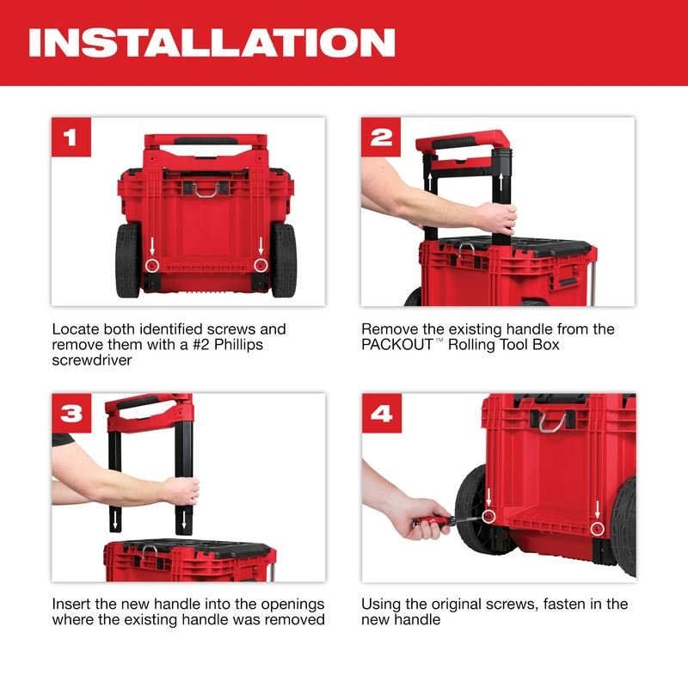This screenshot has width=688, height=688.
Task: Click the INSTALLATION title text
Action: point(212,42)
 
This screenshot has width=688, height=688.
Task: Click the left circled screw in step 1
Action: point(151,265)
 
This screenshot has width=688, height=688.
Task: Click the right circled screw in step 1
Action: point(260,265)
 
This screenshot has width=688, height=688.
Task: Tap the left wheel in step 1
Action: point(127,261)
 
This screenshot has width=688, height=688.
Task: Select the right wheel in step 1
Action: point(284,261)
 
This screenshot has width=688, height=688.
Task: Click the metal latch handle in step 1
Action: point(206,187)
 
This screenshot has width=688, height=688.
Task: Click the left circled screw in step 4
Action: point(488,516)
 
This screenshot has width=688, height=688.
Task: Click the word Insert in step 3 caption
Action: point(71,604)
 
